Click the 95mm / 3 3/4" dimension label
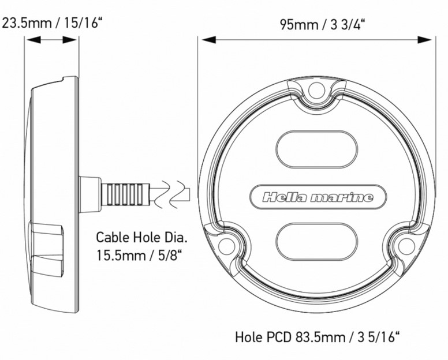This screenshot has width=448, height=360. tap(323, 25)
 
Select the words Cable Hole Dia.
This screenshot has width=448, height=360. tap(142, 237)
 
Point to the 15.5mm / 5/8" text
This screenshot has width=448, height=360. tap(139, 255)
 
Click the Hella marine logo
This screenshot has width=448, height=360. tap(318, 197)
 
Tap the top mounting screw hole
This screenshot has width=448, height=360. tap(317, 91)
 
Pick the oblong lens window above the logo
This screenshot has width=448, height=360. tap(317, 149)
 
